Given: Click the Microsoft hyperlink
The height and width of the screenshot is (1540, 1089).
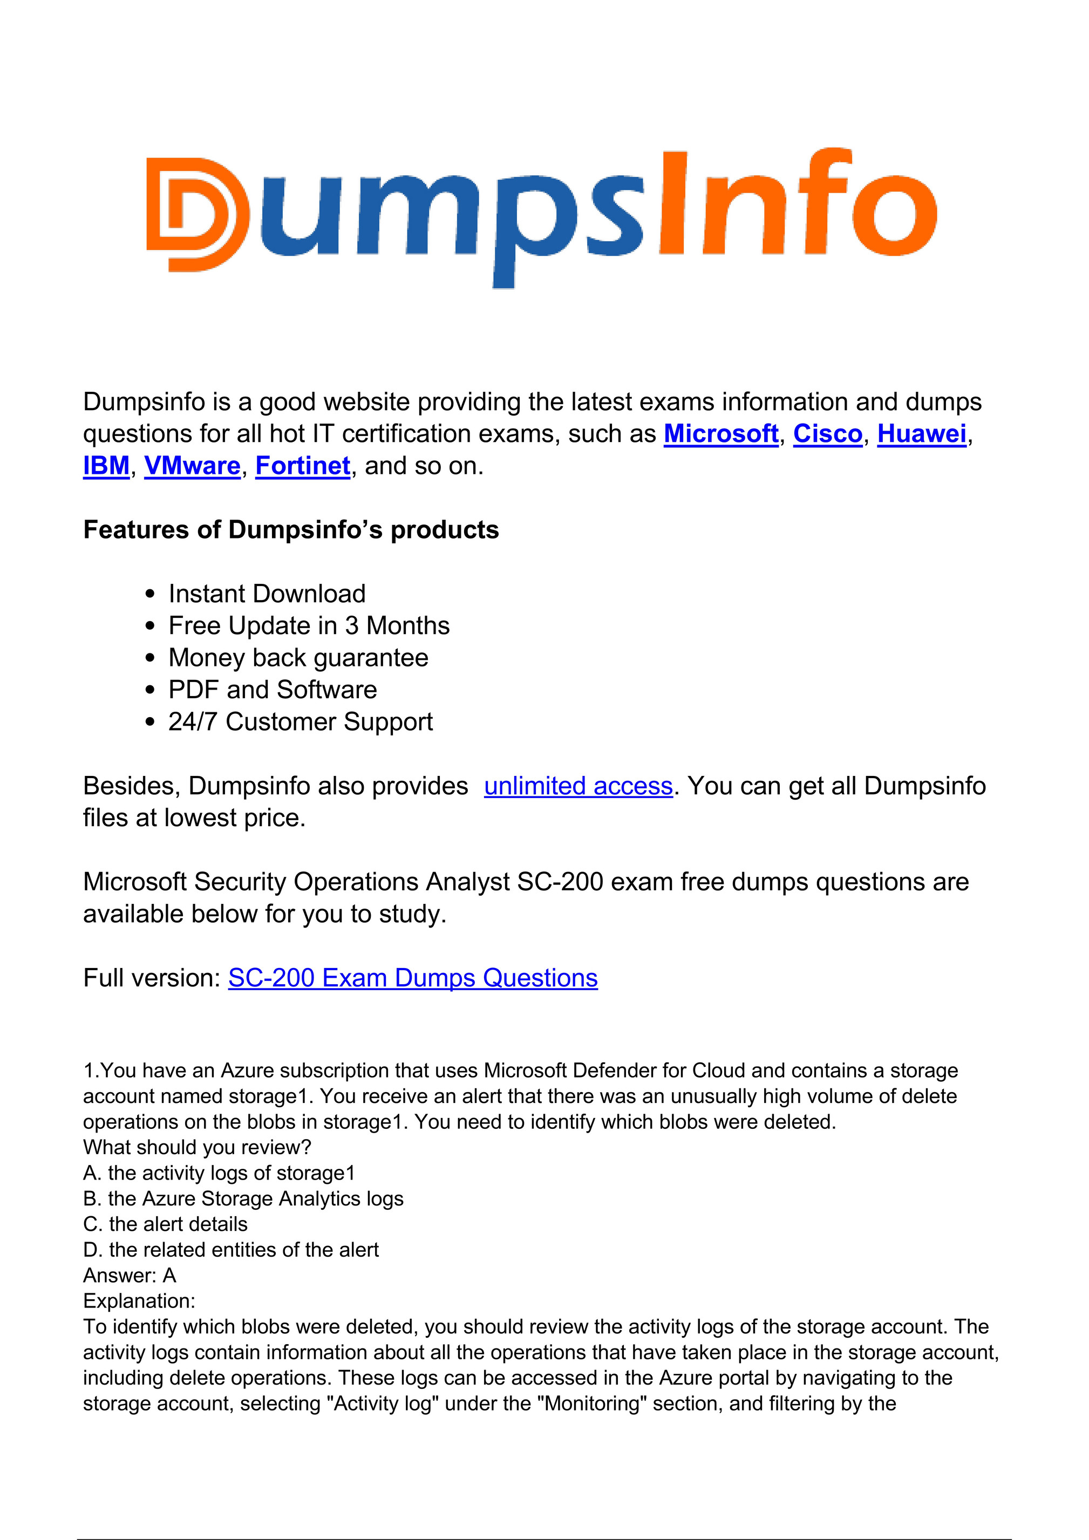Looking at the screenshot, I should (x=720, y=434).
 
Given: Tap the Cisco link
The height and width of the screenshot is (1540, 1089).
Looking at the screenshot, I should (x=827, y=434).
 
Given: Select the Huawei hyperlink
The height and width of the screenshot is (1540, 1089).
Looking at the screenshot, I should (x=921, y=434).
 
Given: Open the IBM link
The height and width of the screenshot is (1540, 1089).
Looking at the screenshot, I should (x=106, y=466).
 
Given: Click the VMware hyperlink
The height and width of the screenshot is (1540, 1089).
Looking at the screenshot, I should (x=192, y=466).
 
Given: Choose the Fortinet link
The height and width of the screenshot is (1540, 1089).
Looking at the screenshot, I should (x=303, y=466).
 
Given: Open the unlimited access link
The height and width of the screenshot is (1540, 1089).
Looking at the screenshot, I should (x=578, y=786).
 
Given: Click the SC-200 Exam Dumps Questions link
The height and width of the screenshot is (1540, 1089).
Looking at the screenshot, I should (x=413, y=978).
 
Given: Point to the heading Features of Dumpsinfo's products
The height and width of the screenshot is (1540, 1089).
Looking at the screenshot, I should (x=290, y=530).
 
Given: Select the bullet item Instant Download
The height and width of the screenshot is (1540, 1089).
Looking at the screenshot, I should (x=267, y=594).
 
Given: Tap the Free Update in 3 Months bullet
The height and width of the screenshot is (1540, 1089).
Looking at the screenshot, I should (x=309, y=626).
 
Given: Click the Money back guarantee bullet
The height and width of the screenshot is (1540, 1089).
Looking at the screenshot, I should (x=298, y=658).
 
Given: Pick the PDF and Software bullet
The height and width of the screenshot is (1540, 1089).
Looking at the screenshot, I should (x=273, y=690).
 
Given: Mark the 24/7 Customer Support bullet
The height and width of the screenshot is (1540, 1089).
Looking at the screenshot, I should (x=300, y=722).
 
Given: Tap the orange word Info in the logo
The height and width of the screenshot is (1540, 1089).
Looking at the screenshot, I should (x=797, y=205).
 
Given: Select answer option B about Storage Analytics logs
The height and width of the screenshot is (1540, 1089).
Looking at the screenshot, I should (x=243, y=1198).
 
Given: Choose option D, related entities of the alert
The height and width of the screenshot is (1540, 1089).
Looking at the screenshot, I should (x=231, y=1250).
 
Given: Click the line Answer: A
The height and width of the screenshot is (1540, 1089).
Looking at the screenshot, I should (x=130, y=1275).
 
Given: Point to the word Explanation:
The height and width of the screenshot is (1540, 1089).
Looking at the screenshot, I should (x=139, y=1300).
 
